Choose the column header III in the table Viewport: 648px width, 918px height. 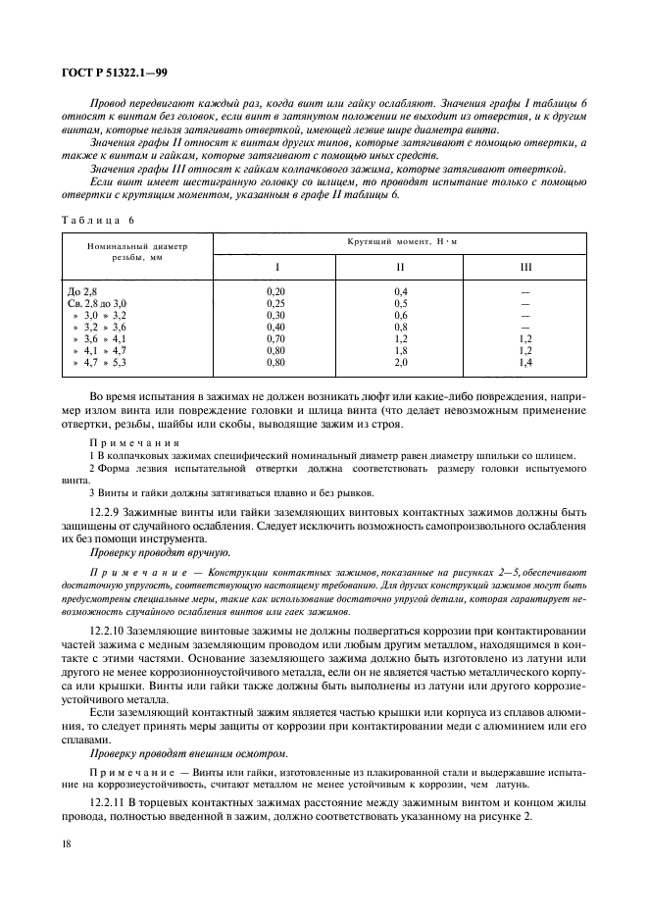[x=525, y=268]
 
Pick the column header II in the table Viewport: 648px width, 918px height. [x=400, y=268]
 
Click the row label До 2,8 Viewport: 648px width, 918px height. [x=82, y=292]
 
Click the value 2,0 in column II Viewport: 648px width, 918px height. [x=400, y=363]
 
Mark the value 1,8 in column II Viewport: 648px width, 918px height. [x=400, y=351]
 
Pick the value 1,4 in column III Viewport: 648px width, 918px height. [x=525, y=363]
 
